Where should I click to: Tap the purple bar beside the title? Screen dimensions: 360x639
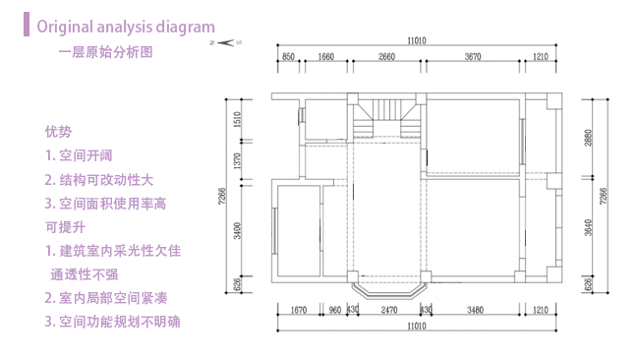[27, 25]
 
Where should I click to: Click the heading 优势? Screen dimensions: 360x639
[58, 131]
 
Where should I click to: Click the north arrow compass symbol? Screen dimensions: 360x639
[224, 42]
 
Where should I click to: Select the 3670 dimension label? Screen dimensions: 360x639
[472, 57]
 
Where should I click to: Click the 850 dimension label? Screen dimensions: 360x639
[288, 57]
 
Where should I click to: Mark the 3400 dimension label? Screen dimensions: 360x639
[238, 232]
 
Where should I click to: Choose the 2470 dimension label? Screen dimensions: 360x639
[388, 311]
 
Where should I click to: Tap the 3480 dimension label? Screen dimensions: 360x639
[476, 311]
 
